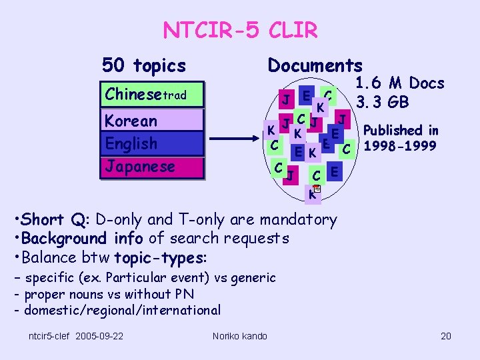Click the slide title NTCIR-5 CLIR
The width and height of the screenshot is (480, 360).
pyautogui.click(x=240, y=30)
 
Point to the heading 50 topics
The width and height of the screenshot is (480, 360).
pyautogui.click(x=143, y=65)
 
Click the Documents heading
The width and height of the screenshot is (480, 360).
pyautogui.click(x=315, y=65)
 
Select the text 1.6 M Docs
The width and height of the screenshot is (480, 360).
pyautogui.click(x=399, y=83)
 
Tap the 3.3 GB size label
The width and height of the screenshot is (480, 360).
pyautogui.click(x=383, y=103)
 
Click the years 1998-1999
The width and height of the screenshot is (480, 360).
pyautogui.click(x=401, y=145)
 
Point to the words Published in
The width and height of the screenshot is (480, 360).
pyautogui.click(x=401, y=131)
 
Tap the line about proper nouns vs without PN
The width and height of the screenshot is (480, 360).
pyautogui.click(x=109, y=294)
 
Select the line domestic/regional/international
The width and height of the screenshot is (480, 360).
pyautogui.click(x=122, y=310)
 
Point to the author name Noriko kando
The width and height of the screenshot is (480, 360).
pyautogui.click(x=239, y=335)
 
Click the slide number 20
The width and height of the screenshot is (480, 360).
pyautogui.click(x=446, y=335)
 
